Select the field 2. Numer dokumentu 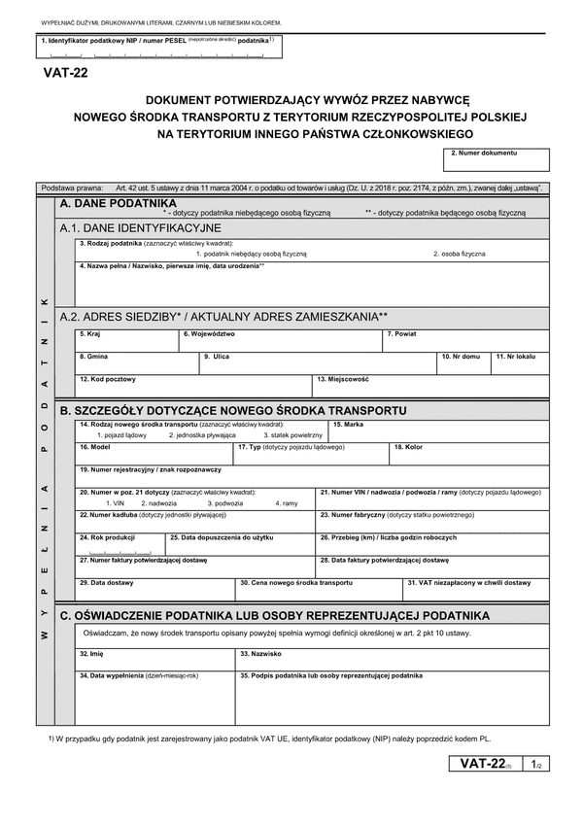(497, 160)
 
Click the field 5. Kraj (127, 341)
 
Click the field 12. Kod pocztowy (193, 387)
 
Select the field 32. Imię (154, 660)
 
